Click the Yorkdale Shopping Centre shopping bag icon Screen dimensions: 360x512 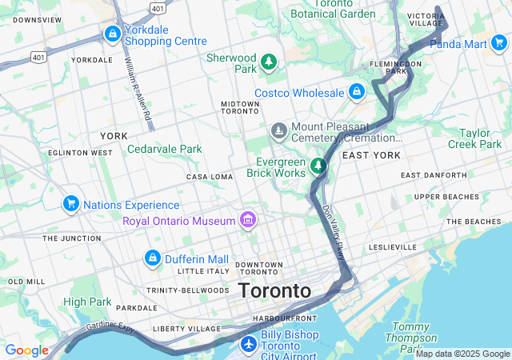tap(112, 34)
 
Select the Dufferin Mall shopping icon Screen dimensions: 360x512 tap(152, 258)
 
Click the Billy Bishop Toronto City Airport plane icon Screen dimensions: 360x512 tap(248, 344)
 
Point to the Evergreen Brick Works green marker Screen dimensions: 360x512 tap(319, 166)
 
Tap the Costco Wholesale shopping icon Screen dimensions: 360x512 tap(357, 93)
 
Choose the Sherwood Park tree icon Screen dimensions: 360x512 tap(270, 62)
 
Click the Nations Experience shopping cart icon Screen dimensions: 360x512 tap(70, 205)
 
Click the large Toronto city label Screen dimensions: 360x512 tap(274, 290)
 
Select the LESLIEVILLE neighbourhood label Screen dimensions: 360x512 tap(393, 247)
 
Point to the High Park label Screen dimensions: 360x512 tap(87, 302)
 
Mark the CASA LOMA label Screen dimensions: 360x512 tap(208, 177)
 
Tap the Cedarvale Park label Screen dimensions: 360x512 tap(164, 149)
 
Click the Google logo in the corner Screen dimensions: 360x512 tap(26, 350)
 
